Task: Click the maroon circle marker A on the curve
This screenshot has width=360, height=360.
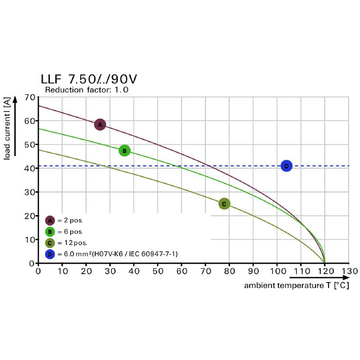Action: pyautogui.click(x=100, y=124)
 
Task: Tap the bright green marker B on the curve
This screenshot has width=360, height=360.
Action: pyautogui.click(x=124, y=150)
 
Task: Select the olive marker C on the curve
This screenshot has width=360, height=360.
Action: pyautogui.click(x=224, y=204)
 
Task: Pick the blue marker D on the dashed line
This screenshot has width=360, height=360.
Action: pyautogui.click(x=286, y=166)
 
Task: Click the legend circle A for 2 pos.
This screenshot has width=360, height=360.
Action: pyautogui.click(x=50, y=220)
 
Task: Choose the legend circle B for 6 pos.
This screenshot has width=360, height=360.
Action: pyautogui.click(x=50, y=232)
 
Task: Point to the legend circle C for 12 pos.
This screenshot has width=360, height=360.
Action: pyautogui.click(x=50, y=243)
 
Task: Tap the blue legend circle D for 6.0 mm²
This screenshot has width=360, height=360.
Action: pyautogui.click(x=50, y=254)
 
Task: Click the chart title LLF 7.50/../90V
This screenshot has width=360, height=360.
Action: pyautogui.click(x=89, y=79)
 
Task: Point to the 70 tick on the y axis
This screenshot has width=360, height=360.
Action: pyautogui.click(x=30, y=97)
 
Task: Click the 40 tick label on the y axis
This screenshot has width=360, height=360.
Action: pyautogui.click(x=30, y=168)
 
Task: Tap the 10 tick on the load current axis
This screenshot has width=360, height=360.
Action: pyautogui.click(x=30, y=239)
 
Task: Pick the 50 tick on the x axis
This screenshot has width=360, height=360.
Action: pyautogui.click(x=157, y=271)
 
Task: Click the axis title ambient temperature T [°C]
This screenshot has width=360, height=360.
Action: pyautogui.click(x=296, y=285)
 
